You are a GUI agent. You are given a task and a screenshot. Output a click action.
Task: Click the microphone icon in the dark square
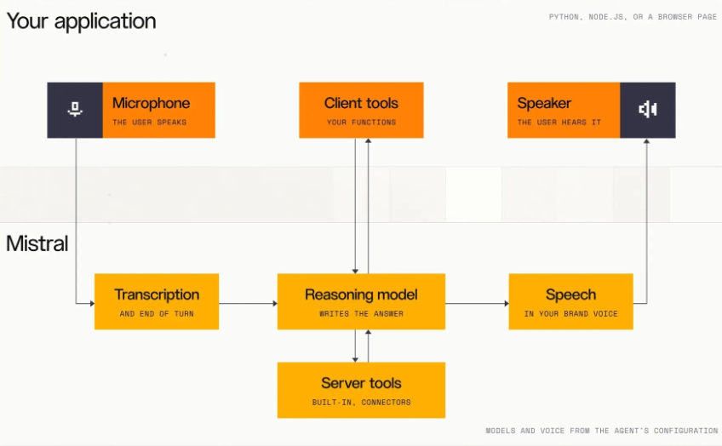(75, 109)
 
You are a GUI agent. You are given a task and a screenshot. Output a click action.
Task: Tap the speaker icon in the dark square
(647, 109)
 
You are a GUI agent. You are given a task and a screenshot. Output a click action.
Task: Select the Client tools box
(361, 110)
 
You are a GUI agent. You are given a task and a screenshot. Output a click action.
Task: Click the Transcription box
(157, 301)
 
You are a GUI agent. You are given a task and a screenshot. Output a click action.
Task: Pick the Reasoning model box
(361, 301)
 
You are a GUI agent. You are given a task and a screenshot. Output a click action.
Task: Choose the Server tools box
(361, 390)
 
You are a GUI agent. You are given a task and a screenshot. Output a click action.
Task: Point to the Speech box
(570, 301)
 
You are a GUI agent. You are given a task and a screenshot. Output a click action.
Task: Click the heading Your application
(82, 21)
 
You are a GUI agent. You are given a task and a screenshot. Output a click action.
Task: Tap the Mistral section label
(37, 243)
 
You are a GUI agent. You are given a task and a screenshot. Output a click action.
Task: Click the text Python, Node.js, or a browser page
(633, 17)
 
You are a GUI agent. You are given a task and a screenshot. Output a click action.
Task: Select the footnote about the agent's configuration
(602, 431)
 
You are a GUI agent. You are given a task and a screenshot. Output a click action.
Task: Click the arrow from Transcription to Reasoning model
(249, 303)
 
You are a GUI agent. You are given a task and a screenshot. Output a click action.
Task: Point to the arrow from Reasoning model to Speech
(477, 303)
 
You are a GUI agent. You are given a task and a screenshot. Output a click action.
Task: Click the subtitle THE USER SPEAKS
(150, 122)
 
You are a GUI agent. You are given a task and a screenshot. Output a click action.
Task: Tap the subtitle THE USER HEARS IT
(559, 122)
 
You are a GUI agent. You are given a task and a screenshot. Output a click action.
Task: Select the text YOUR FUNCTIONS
(362, 122)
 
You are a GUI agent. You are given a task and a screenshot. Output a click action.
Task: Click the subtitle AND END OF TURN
(157, 313)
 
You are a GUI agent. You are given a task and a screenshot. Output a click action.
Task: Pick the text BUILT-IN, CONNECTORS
(362, 403)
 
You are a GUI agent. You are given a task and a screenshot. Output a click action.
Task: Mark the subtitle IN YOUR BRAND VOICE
(571, 313)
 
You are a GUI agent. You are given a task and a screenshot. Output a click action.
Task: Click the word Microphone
(151, 103)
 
